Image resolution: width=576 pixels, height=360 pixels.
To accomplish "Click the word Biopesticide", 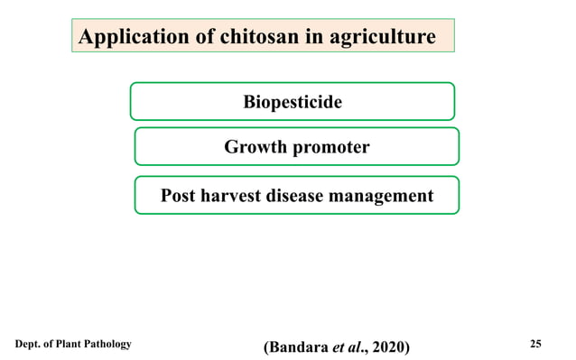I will pos(293,102).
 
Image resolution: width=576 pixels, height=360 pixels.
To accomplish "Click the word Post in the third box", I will pos(179,195).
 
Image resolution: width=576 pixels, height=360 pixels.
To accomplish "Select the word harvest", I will pos(237,195).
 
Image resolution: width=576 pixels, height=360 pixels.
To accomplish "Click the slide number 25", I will pos(536,344).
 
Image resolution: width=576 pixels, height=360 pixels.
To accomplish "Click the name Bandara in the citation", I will pos(298,346).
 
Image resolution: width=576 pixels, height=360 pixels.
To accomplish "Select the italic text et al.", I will pos(348,346).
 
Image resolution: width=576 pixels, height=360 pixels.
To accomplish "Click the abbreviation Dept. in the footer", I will pos(29,344).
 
